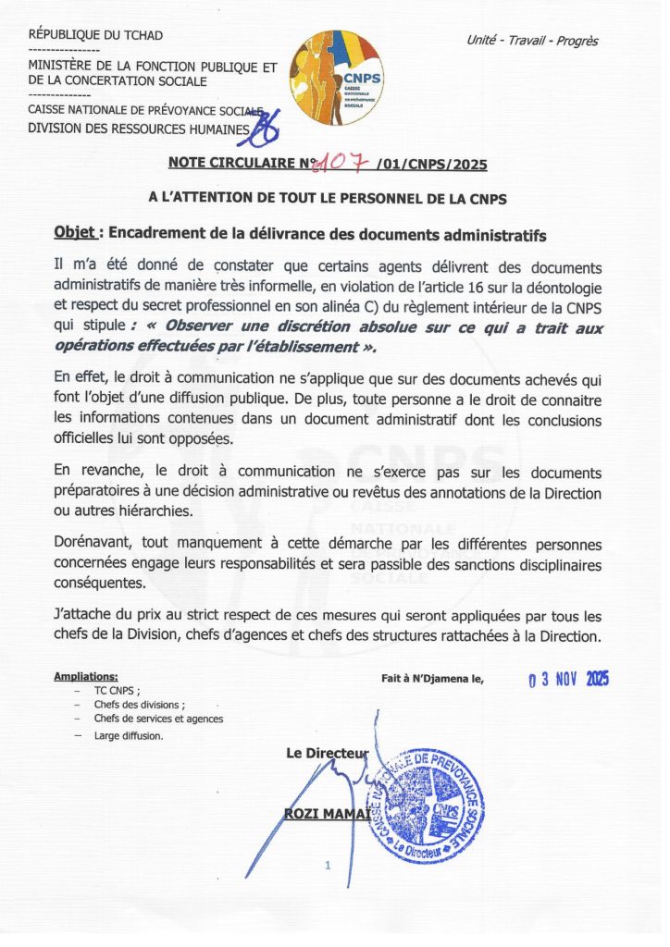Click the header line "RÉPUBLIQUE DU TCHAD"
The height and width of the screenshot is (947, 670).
pyautogui.click(x=95, y=35)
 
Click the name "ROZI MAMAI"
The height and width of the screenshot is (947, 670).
pyautogui.click(x=324, y=813)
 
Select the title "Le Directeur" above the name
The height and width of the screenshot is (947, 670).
pyautogui.click(x=327, y=755)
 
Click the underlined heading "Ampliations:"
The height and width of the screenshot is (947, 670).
pyautogui.click(x=86, y=676)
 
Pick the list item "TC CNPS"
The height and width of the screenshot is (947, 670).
pyautogui.click(x=117, y=691)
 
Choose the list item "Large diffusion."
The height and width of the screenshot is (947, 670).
pyautogui.click(x=129, y=736)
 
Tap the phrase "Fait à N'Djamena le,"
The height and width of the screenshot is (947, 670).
pyautogui.click(x=432, y=678)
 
